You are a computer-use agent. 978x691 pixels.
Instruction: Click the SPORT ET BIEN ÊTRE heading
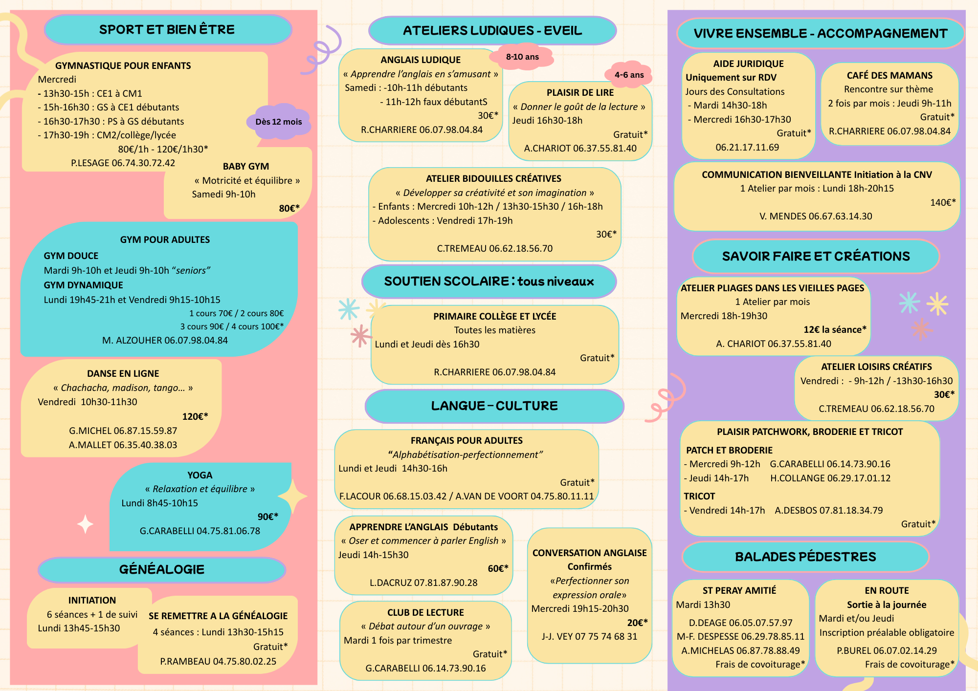coord(167,29)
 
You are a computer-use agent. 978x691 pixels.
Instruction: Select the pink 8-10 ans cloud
coord(522,57)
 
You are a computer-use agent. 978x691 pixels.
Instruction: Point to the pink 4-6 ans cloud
coord(629,75)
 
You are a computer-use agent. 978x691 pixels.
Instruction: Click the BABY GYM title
coord(246,166)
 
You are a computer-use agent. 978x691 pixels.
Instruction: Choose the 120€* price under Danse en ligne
coord(195,416)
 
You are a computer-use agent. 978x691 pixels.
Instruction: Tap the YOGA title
coord(200,475)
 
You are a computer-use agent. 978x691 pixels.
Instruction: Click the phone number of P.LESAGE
coord(143,163)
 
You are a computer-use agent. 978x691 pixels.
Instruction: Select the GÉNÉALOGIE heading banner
coord(162,570)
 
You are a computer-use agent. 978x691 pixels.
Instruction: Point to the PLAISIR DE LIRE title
coord(580,92)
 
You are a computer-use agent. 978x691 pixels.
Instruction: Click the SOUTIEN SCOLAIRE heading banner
coord(489,281)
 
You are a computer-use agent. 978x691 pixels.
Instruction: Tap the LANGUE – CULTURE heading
coord(494,406)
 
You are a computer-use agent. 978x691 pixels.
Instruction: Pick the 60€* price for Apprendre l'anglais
coord(498,568)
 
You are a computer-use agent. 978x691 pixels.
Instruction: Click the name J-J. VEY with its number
coord(590,636)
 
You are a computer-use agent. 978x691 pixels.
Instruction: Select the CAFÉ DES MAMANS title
coord(890,75)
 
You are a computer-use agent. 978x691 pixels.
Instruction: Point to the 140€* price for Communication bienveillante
coord(943,202)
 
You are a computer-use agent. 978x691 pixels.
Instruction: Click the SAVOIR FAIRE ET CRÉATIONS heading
coord(816,256)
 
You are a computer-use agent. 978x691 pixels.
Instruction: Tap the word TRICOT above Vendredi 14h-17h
coord(699,496)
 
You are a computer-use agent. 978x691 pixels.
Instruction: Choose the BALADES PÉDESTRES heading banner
coord(806,557)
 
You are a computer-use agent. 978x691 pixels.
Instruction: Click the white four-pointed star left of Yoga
coord(86,524)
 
